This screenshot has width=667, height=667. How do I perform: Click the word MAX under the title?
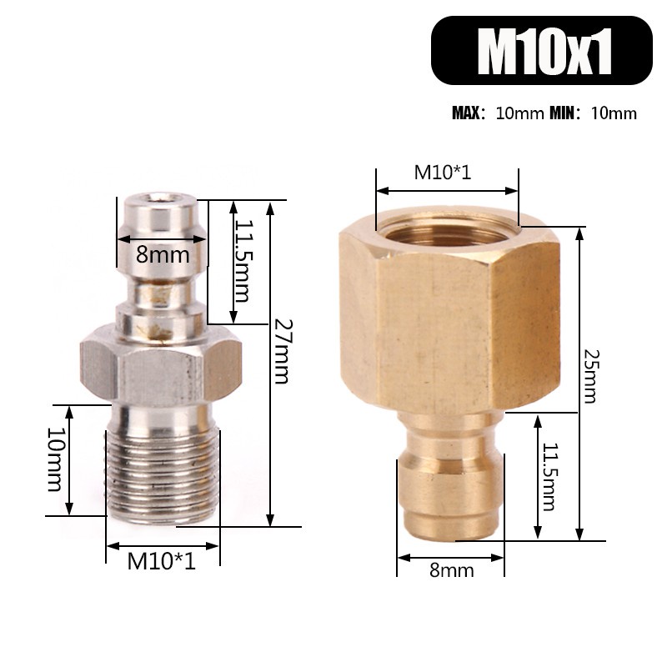coord(468,113)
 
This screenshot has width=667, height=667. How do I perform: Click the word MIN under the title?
coord(564,113)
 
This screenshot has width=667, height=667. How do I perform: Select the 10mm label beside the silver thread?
coord(55,460)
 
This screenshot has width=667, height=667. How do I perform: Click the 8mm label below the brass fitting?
coord(452,570)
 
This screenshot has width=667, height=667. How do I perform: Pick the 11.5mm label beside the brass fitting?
coord(548,477)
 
